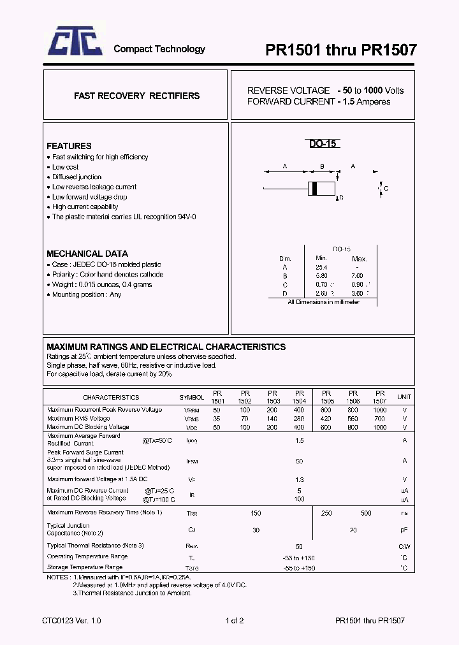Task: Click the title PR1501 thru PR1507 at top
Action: point(341,50)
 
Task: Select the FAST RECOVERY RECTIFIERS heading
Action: point(136,96)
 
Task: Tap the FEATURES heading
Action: point(69,146)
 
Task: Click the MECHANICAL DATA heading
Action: point(87,254)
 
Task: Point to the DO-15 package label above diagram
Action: point(323,144)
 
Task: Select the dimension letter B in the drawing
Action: point(323,167)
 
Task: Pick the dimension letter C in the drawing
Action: point(386,189)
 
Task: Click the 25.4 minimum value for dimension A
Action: point(321,268)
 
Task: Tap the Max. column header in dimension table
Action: point(360,259)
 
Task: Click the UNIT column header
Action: point(404,397)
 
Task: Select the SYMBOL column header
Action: point(192,397)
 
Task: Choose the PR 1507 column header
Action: point(380,397)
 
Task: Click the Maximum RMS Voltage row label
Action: point(78,419)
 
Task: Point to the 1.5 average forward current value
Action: point(300,440)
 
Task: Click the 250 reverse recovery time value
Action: point(327,513)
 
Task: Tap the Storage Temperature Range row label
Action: point(85,567)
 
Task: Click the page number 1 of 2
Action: point(235,620)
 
